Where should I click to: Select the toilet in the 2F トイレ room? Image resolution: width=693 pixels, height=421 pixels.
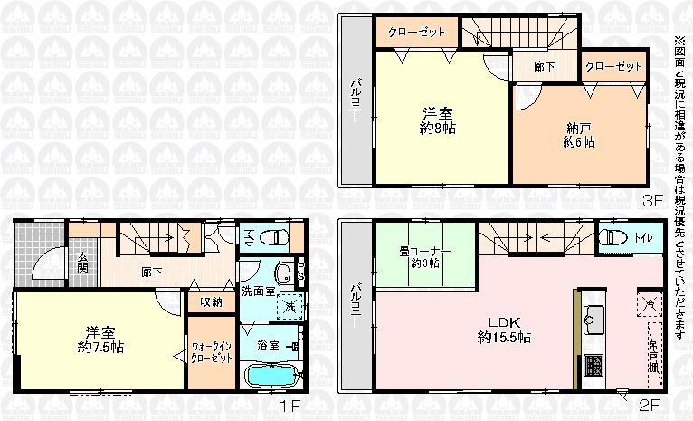pos(613,237)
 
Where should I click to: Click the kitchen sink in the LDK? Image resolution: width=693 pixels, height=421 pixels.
pos(594,317)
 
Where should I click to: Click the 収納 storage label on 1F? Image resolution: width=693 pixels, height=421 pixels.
pos(212,302)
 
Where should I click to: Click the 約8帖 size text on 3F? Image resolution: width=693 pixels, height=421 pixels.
pos(435,129)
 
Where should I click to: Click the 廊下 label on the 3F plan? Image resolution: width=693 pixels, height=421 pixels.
pos(545,66)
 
